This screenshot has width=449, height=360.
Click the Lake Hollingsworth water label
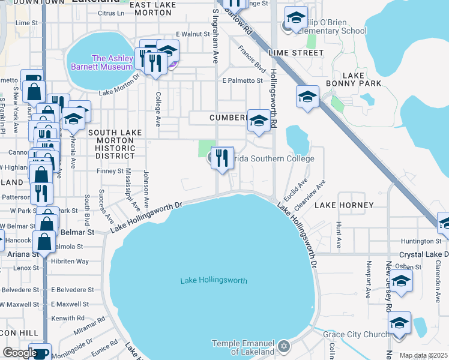point(214,280)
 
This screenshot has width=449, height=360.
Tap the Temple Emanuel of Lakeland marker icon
point(285,346)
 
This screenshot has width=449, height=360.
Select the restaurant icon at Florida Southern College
point(223,159)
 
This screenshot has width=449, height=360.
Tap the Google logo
point(20,353)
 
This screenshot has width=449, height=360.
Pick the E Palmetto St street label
point(243,80)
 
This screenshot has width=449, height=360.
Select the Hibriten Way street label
point(70,262)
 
